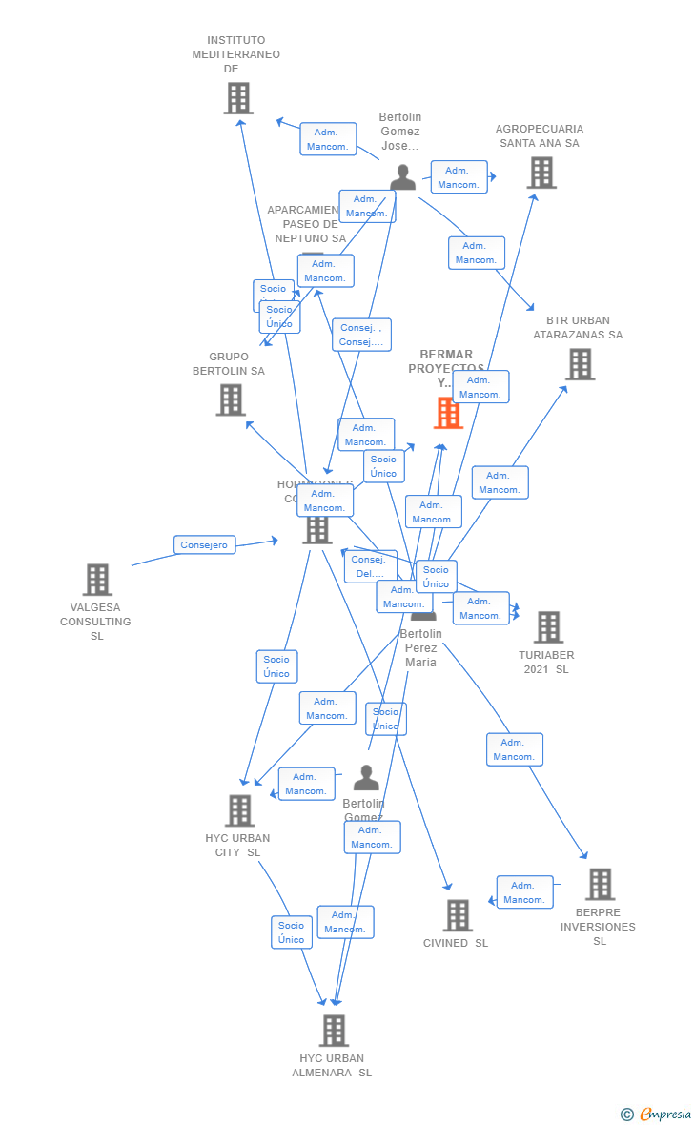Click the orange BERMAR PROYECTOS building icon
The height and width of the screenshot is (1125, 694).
(x=448, y=413)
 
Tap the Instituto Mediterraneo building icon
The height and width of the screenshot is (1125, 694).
(x=238, y=98)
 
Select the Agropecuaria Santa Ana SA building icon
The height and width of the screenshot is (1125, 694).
(x=541, y=173)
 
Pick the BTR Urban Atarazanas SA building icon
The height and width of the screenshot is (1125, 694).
(x=580, y=364)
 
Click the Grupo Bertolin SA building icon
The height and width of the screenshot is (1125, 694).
(x=231, y=400)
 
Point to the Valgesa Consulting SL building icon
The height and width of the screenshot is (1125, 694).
(x=97, y=580)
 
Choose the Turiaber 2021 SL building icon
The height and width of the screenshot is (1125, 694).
(x=548, y=627)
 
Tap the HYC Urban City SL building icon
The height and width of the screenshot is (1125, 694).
(x=239, y=810)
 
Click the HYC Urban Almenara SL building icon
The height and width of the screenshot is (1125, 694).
(x=334, y=1031)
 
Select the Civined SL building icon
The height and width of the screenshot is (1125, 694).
(x=458, y=915)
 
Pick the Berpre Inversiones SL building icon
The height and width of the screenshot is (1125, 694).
(x=600, y=885)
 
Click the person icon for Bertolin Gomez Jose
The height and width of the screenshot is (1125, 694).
(x=403, y=177)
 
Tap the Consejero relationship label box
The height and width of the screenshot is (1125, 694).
(x=204, y=544)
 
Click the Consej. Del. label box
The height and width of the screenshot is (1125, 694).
(x=370, y=566)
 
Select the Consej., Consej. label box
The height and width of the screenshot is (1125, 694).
(x=361, y=335)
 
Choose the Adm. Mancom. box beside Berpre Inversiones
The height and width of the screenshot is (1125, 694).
(x=524, y=892)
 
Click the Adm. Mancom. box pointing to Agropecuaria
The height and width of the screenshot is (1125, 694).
(x=459, y=177)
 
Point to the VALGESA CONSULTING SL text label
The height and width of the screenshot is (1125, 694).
(x=96, y=622)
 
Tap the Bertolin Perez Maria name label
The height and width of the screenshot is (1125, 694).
(x=420, y=648)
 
